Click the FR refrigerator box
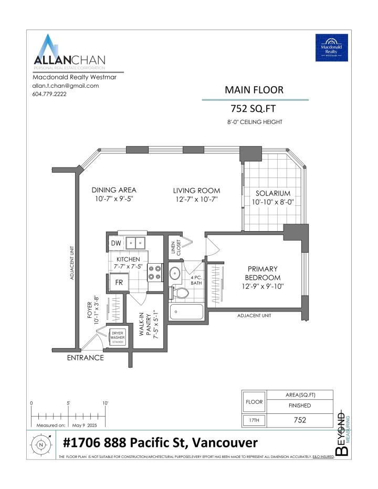[x=119, y=282]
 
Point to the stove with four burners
[x=155, y=272]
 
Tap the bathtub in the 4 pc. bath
[x=187, y=313]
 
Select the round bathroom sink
[x=176, y=273]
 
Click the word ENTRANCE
[x=85, y=358]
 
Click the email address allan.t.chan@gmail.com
[x=66, y=86]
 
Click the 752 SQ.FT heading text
[x=254, y=109]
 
